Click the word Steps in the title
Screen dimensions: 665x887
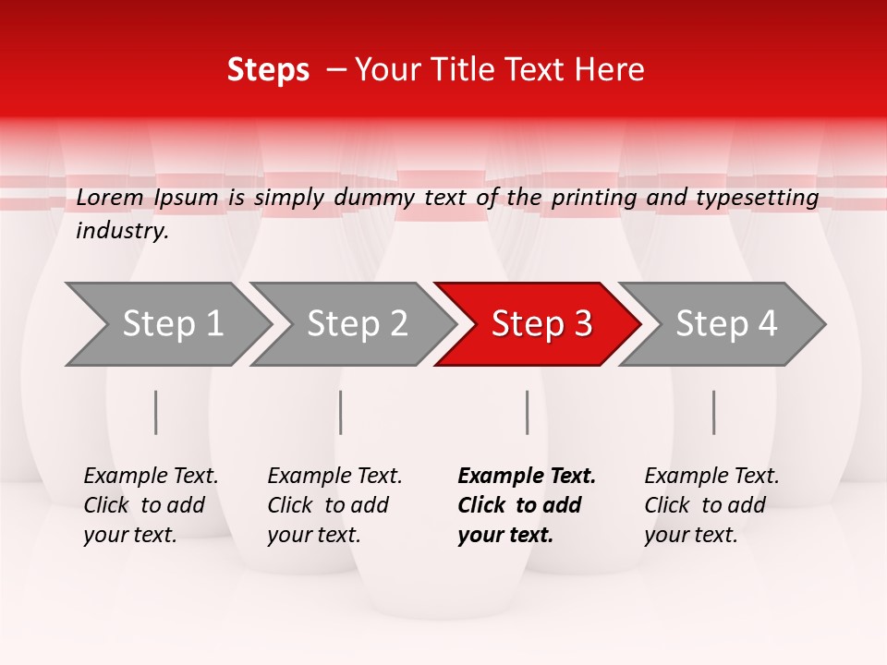click(x=268, y=70)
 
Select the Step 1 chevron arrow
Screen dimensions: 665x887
click(x=166, y=324)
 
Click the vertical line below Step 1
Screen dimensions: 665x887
click(x=156, y=412)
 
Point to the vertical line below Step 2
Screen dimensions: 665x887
click(x=341, y=412)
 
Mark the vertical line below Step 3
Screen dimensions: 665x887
click(x=528, y=412)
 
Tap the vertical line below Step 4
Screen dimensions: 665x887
click(x=714, y=412)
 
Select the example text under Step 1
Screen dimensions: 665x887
click(x=150, y=505)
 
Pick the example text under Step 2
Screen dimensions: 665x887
click(x=334, y=505)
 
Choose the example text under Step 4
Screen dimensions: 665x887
click(x=711, y=505)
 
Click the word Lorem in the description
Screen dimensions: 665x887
click(x=110, y=197)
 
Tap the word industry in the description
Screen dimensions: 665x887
click(x=122, y=231)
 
